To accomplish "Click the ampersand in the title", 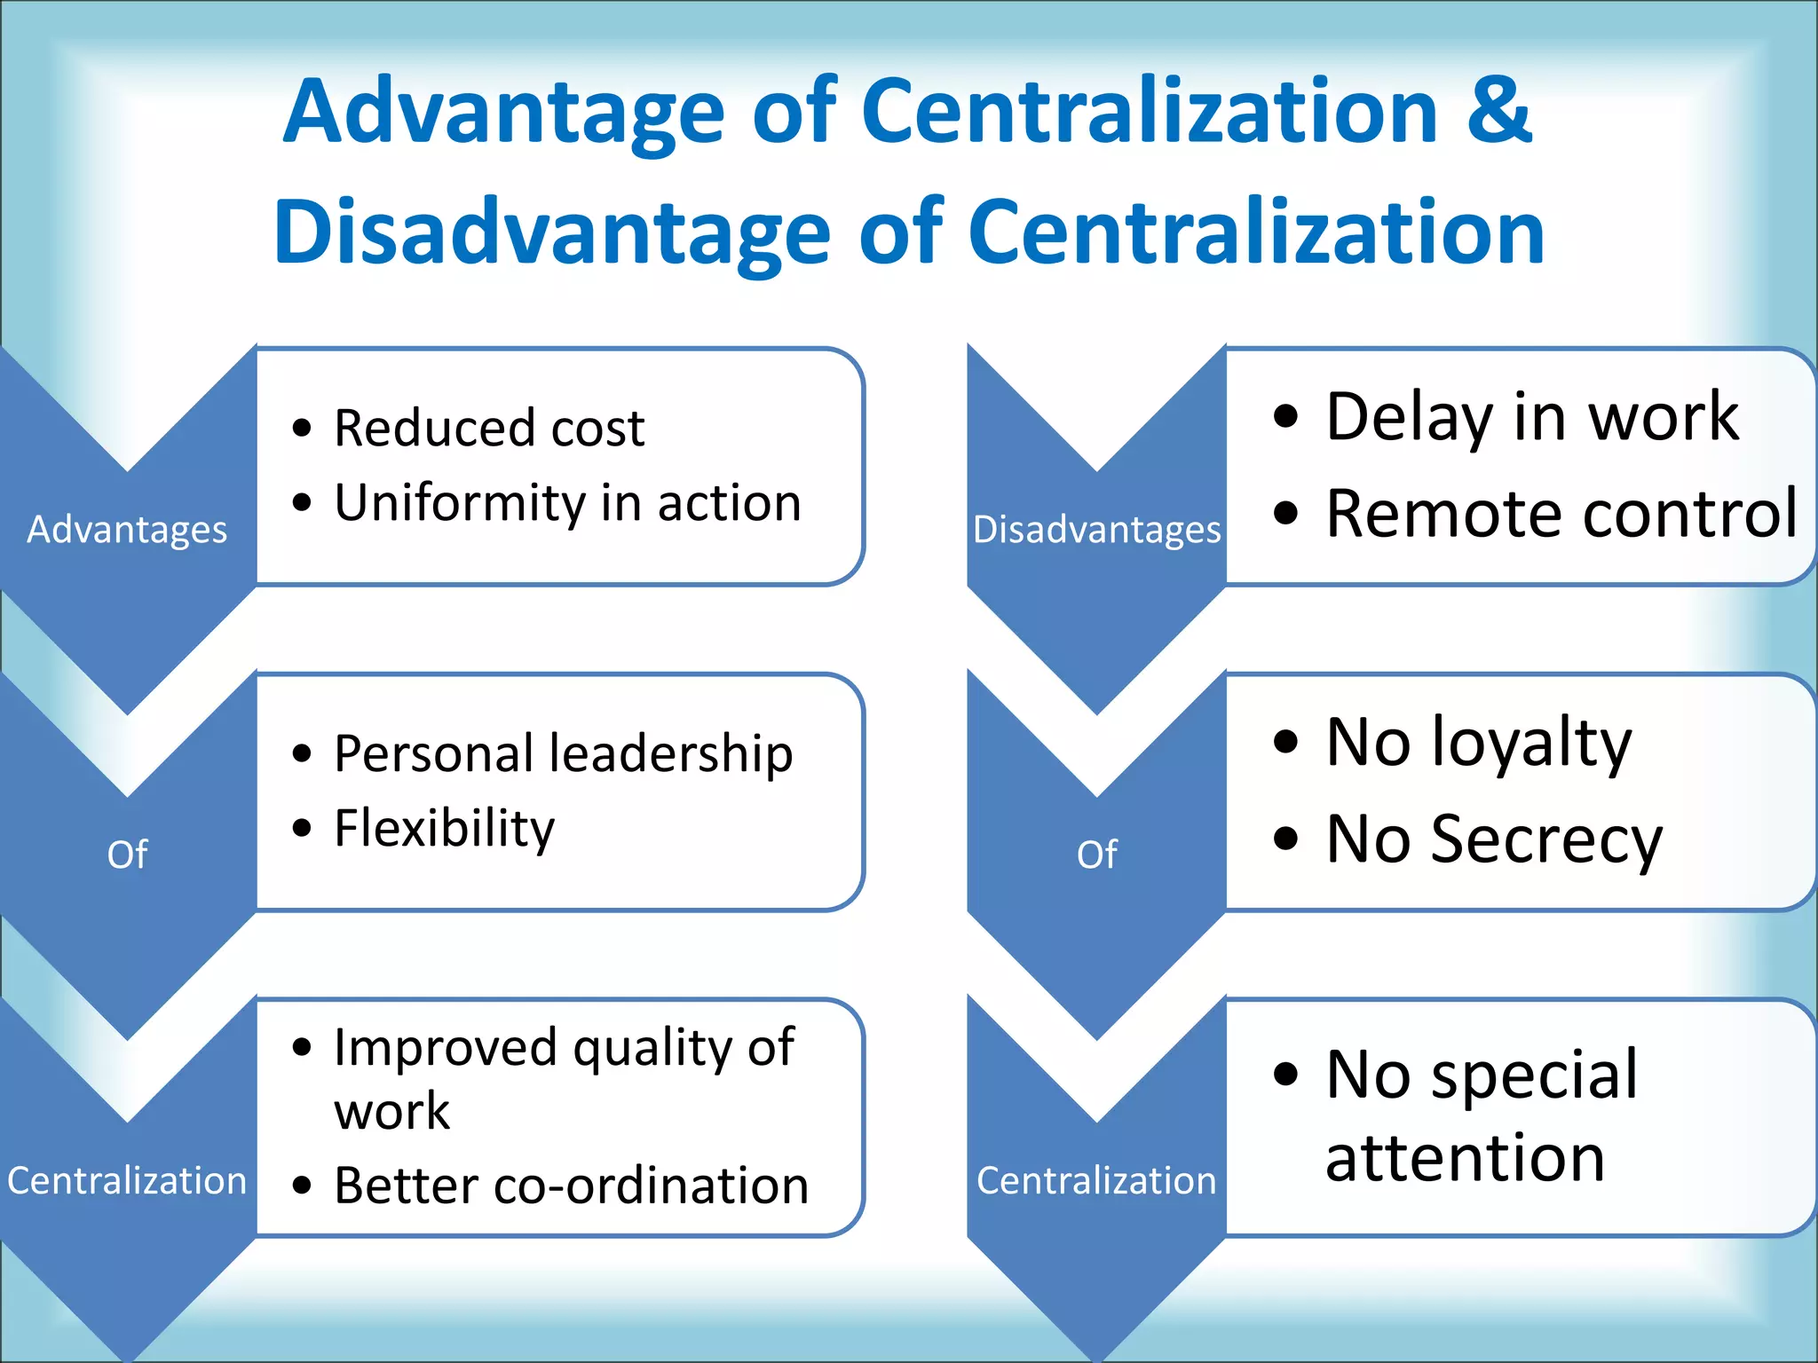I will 1498,111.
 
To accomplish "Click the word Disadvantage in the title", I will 551,232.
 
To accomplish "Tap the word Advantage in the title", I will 504,111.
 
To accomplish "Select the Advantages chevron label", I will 127,530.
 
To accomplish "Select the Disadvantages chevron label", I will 1096,530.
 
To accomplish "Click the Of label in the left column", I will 127,855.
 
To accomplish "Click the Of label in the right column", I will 1096,855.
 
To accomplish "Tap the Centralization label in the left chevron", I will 127,1181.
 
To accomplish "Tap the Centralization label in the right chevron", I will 1096,1181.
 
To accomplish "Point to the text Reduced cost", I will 489,429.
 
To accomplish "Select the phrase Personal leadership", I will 563,754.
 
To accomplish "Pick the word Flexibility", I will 444,829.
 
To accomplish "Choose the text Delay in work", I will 1531,417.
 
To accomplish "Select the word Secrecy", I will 1546,839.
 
